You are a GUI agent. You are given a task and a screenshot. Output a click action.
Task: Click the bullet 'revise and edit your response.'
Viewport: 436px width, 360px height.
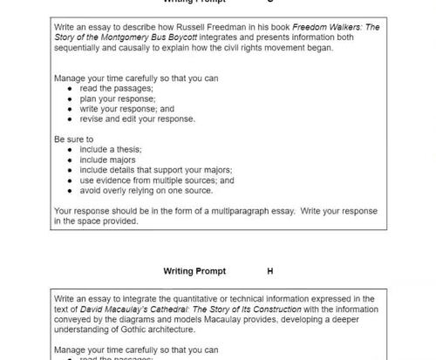click(x=137, y=119)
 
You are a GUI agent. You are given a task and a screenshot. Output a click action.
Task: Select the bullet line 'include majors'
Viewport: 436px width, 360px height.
click(x=109, y=160)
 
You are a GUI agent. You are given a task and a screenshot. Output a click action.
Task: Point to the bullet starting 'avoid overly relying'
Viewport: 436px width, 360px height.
click(x=146, y=190)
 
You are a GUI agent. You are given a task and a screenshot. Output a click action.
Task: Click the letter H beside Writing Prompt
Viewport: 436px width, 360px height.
click(x=270, y=271)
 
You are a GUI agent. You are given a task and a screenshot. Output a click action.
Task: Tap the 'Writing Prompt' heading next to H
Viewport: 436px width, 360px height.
click(x=194, y=271)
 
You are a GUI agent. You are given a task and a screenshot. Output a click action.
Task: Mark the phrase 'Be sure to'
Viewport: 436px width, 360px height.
click(x=73, y=139)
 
